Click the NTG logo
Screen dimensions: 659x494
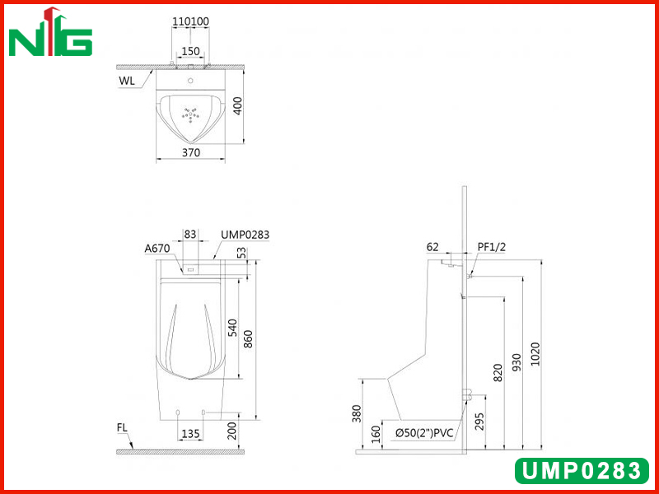pos(50,32)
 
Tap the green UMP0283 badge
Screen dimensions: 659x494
pos(582,470)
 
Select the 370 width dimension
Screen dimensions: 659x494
pos(191,152)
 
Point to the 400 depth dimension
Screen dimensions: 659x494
pos(237,106)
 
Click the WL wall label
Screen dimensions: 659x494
pos(127,81)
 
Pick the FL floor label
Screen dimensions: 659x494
pos(122,427)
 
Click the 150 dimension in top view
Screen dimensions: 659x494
pos(190,51)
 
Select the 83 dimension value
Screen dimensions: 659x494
pos(190,234)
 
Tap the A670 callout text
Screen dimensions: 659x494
pos(157,249)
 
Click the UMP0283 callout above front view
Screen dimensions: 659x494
pos(245,235)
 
